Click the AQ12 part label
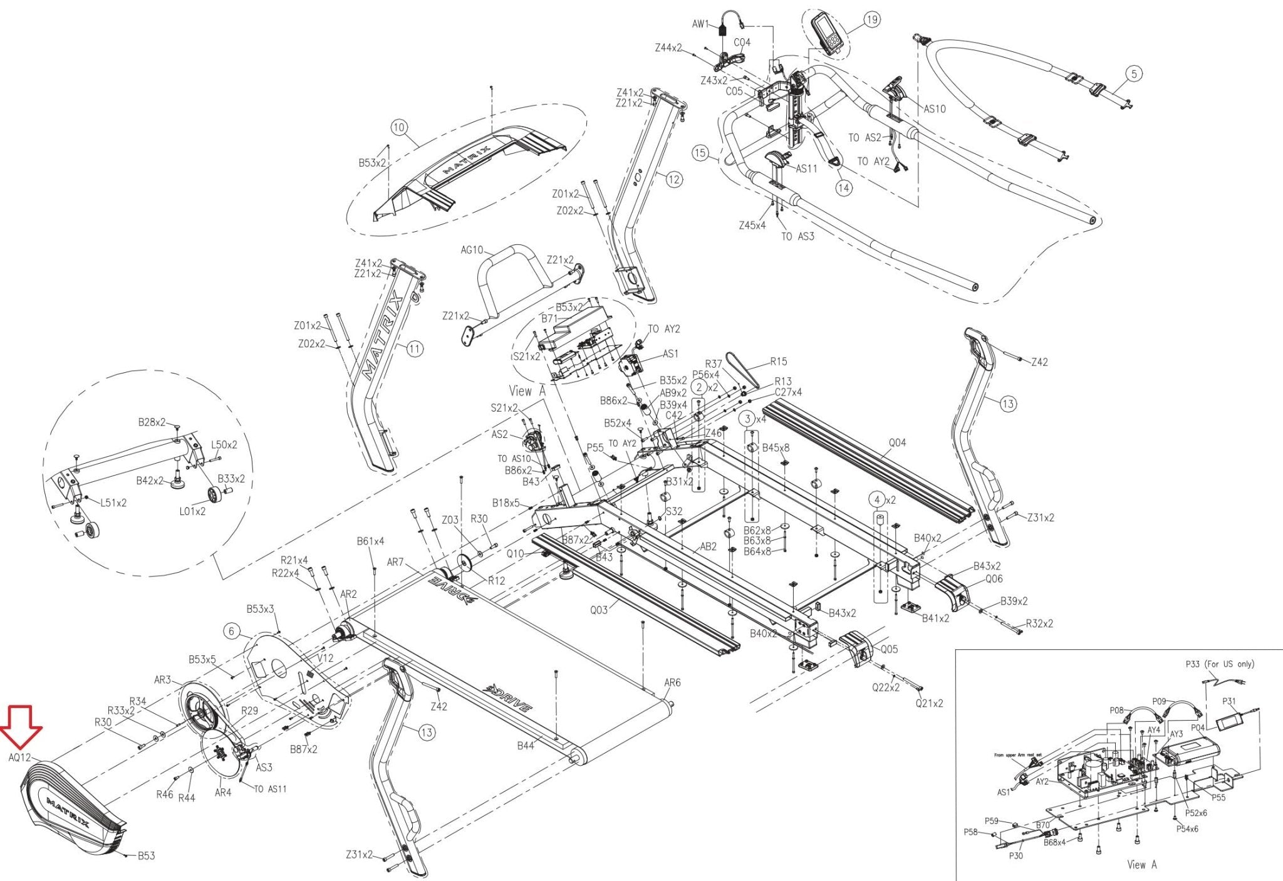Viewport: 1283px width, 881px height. [19, 758]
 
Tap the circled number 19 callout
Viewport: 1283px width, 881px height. [871, 20]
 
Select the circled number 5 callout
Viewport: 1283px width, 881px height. [1134, 74]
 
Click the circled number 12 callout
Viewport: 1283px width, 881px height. [673, 180]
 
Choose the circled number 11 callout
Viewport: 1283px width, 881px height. [415, 349]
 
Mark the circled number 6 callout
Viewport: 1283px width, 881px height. [232, 631]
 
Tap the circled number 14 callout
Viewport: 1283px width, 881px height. [844, 187]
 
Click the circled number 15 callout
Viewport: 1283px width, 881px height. [700, 153]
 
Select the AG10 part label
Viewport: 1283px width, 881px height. [472, 250]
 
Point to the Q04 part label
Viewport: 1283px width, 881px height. [897, 443]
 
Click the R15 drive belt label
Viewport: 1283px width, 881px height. [779, 362]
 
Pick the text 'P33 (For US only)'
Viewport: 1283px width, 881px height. [1220, 664]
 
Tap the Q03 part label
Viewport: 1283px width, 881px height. [599, 609]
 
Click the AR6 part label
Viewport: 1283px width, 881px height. [672, 683]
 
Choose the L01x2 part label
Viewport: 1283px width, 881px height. [192, 511]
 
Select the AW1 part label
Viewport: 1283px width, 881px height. [700, 24]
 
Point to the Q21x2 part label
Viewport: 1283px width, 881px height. [929, 704]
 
